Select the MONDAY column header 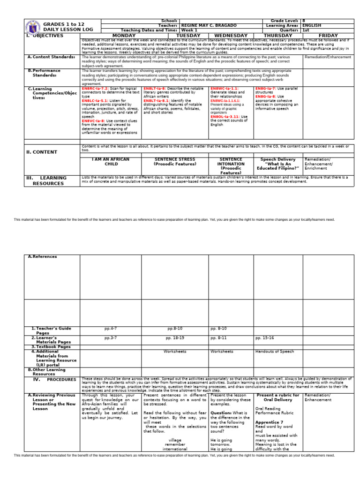coord(111,36)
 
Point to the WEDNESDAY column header coord(231,36)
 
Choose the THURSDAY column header coord(278,36)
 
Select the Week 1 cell coord(189,30)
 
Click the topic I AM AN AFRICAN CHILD coord(111,162)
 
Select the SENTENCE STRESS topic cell coord(174,162)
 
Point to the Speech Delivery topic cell coord(278,162)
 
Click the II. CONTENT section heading coord(42,152)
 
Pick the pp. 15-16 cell coord(265,337)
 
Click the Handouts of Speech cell coord(275,351)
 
